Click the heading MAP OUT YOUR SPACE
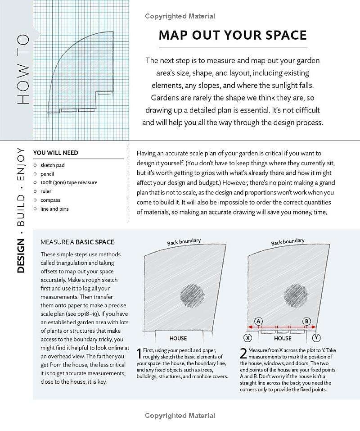[233, 36]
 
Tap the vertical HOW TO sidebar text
[23, 70]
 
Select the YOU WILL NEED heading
[56, 153]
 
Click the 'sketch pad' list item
[52, 165]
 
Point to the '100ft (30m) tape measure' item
[68, 182]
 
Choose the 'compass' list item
[50, 200]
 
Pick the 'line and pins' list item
[54, 209]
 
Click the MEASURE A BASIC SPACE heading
[77, 242]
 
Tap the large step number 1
[139, 354]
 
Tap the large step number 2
[243, 354]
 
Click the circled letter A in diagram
[259, 321]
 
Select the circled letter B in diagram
[307, 321]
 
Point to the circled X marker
[248, 338]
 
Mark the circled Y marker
[317, 338]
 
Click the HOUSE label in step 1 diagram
[178, 338]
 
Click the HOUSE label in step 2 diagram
[283, 338]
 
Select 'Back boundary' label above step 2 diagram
[288, 242]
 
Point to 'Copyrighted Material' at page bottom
[180, 416]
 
